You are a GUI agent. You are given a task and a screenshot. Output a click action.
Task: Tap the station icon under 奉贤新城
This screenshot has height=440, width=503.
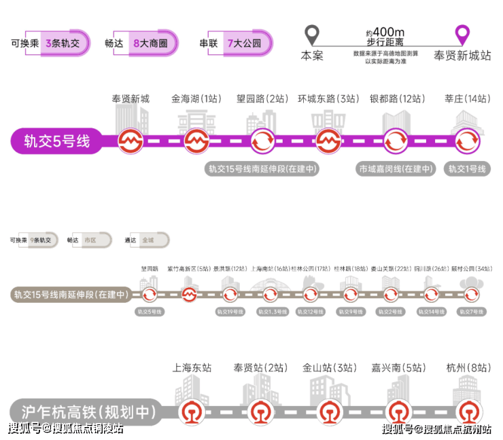(130, 142)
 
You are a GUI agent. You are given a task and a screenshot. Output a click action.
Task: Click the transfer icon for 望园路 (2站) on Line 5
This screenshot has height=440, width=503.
(262, 142)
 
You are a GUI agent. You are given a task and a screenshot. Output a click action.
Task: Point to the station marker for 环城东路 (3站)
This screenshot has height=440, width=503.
(329, 142)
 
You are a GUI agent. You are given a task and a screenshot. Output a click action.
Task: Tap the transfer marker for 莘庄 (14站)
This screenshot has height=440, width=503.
(467, 142)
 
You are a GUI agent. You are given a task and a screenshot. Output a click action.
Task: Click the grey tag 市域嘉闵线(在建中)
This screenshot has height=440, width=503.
(396, 169)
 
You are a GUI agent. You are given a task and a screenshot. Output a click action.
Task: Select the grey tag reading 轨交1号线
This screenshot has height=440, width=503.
(467, 169)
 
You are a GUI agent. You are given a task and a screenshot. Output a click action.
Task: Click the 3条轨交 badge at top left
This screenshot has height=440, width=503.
(63, 43)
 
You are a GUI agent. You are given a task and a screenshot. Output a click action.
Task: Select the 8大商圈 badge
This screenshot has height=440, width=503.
(150, 43)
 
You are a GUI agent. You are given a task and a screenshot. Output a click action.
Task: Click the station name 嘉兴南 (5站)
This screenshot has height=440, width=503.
(397, 367)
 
